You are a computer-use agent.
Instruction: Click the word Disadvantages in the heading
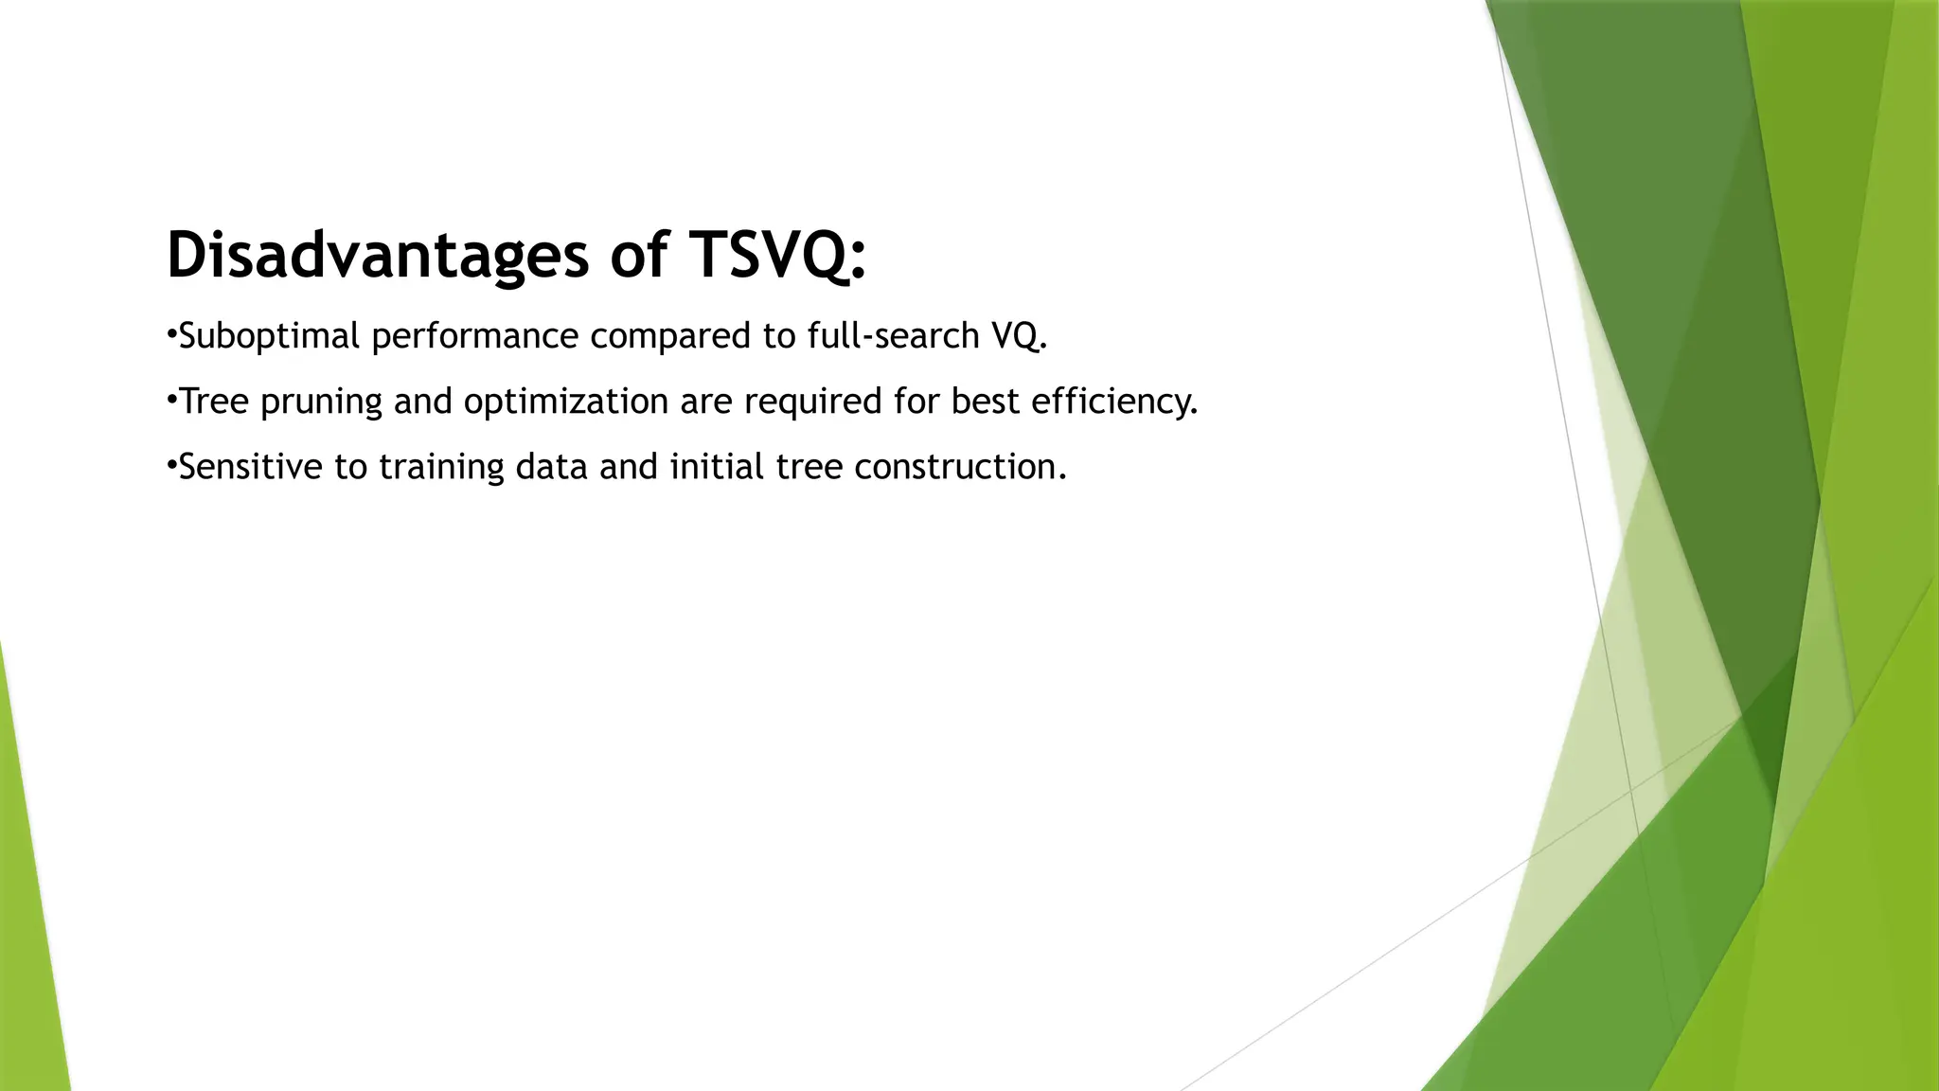377,256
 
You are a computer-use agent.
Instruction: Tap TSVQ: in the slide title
777,256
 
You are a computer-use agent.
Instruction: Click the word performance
474,336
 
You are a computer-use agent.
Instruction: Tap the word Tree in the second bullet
214,402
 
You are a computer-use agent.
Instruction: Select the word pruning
321,402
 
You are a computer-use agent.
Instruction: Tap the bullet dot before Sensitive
171,464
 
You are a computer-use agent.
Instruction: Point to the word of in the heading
639,256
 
